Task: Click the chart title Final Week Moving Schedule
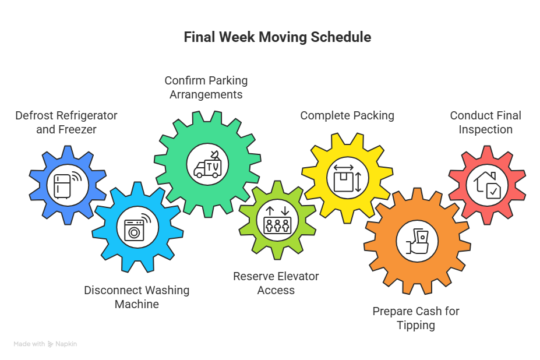pos(277,37)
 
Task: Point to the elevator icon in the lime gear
pos(277,219)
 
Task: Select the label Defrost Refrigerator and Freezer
pos(66,122)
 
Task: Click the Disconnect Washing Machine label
pos(136,297)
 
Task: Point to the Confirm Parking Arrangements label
pos(206,87)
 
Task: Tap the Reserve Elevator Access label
pos(276,283)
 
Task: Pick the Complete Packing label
pos(347,115)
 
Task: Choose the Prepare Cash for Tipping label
pos(416,318)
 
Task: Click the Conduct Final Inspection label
pos(485,122)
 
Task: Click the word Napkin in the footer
pos(66,344)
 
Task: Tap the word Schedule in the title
pos(341,37)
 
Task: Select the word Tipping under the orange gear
pos(416,325)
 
